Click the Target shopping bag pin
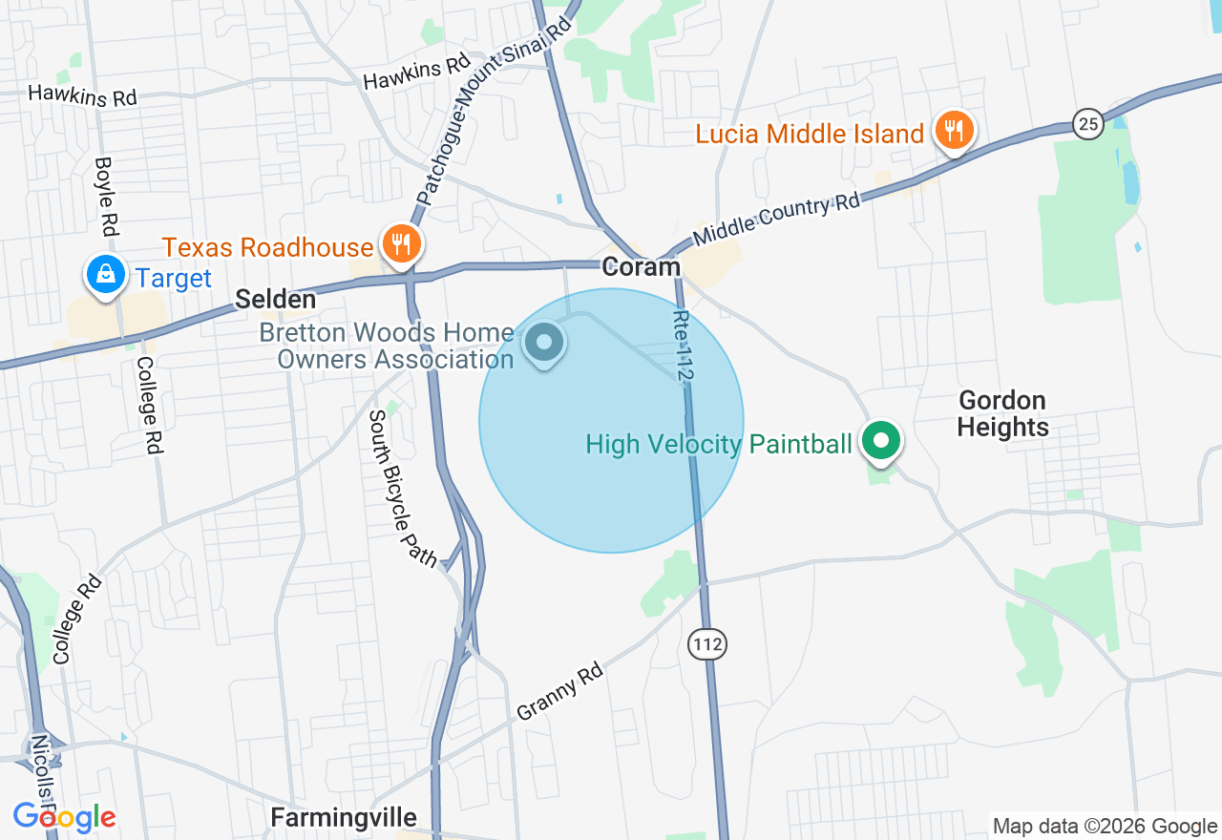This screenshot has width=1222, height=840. (x=106, y=275)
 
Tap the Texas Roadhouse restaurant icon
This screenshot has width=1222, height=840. (x=401, y=244)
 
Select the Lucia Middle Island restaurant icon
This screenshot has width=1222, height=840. (x=953, y=130)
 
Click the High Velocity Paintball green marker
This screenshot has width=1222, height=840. (x=881, y=442)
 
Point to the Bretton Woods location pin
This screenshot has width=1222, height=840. (x=545, y=343)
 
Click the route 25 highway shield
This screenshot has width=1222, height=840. (x=1087, y=123)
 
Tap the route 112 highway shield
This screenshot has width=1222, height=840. (x=707, y=644)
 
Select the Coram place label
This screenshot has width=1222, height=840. (x=642, y=267)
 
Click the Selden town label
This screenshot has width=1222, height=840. (x=275, y=300)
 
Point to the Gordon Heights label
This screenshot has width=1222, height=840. (x=1002, y=413)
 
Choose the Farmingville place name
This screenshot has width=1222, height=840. (x=344, y=818)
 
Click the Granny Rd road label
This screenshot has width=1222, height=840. (x=560, y=692)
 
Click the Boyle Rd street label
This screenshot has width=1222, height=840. (x=106, y=195)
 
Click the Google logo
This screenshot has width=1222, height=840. (x=64, y=818)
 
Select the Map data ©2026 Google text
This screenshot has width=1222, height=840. (x=1105, y=826)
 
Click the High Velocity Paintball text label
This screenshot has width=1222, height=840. (x=718, y=444)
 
